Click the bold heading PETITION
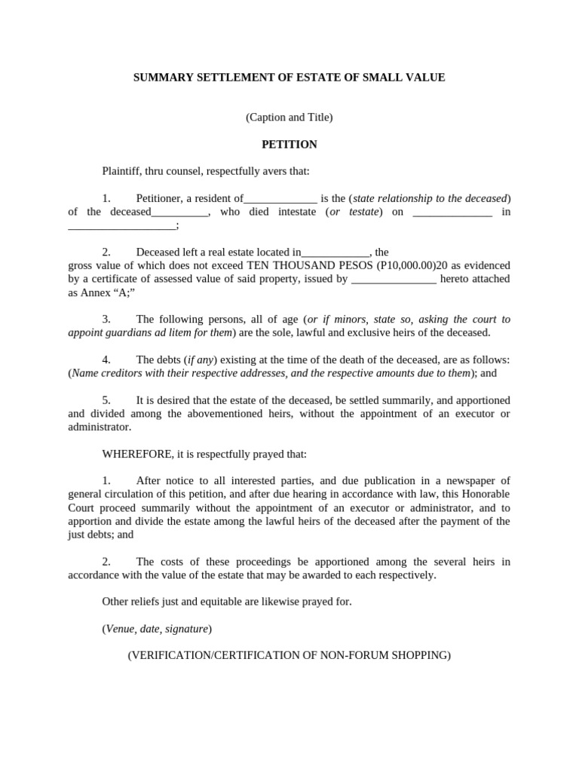coord(289,145)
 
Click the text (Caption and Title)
coord(289,118)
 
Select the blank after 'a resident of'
coord(280,199)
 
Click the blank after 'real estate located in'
coord(335,253)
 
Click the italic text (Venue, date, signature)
coord(157,629)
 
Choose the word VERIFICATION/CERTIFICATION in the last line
coord(210,656)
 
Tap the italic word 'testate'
coord(363,213)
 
